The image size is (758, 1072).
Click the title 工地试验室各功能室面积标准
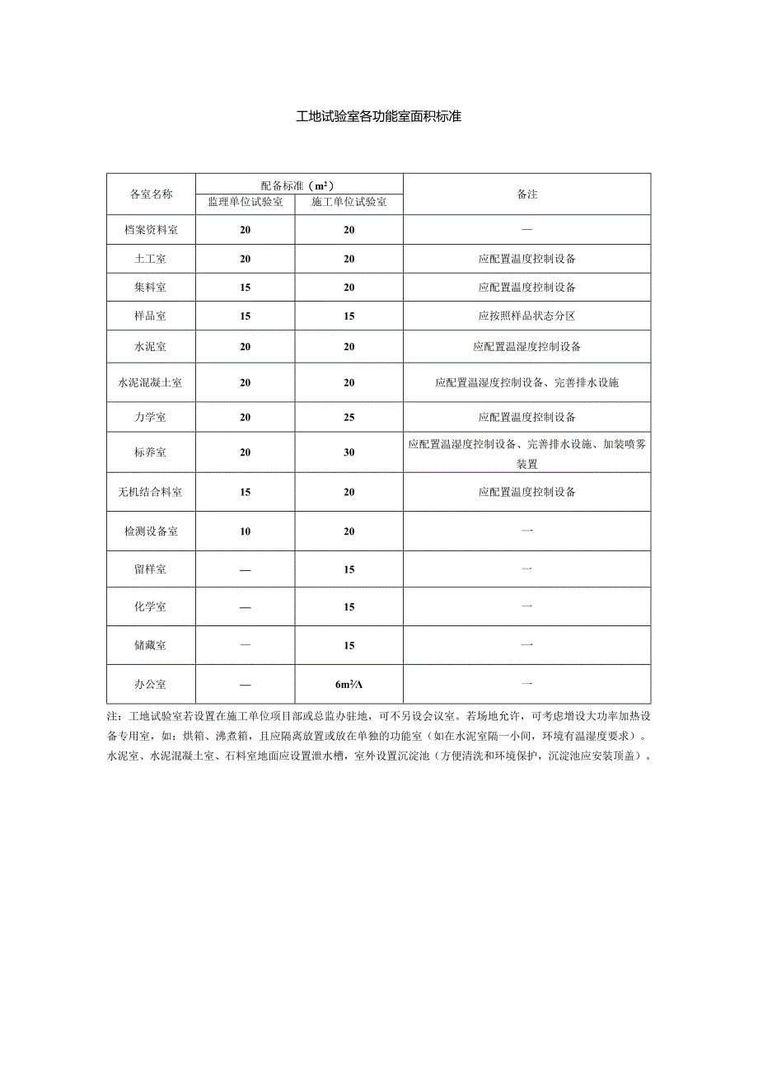[x=378, y=116]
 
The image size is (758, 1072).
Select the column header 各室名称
[x=152, y=194]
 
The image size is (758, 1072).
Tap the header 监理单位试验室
[x=246, y=202]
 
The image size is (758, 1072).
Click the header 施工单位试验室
[x=349, y=202]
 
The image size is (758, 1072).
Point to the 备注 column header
[x=527, y=194]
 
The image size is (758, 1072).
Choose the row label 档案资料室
[x=152, y=230]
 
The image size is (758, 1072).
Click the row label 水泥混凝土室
[x=152, y=382]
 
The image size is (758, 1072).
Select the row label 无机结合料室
[x=152, y=492]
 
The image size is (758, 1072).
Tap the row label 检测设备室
[x=152, y=531]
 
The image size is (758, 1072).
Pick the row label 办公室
[x=152, y=684]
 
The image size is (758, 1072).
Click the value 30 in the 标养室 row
[x=349, y=452]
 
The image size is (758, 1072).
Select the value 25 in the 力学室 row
[x=349, y=417]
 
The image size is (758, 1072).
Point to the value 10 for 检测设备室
[x=246, y=531]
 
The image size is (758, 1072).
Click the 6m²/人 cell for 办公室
[x=349, y=684]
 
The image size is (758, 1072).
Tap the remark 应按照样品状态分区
[x=527, y=316]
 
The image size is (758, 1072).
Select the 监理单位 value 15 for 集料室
[x=246, y=288]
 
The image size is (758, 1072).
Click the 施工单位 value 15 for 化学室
[x=349, y=607]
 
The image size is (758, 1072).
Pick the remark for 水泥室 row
[x=527, y=347]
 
